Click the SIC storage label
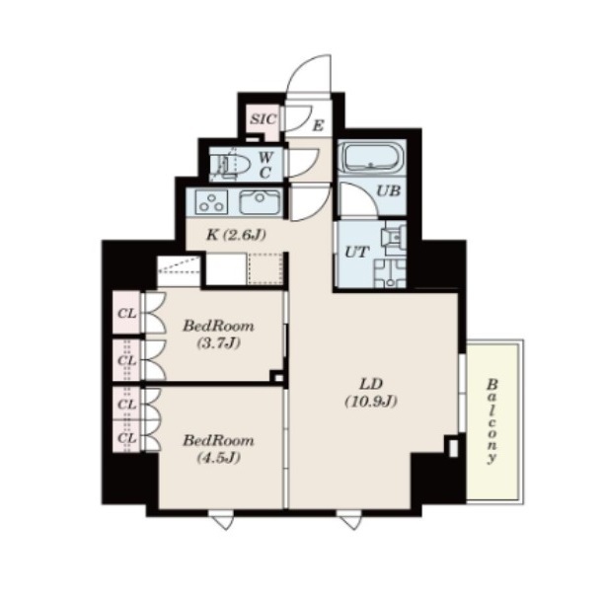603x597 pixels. [264, 118]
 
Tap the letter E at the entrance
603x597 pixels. [318, 125]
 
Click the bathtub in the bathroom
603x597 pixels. [371, 157]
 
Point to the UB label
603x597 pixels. [389, 190]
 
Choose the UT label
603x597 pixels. [357, 253]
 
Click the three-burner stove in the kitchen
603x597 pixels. [211, 202]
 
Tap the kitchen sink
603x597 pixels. [261, 202]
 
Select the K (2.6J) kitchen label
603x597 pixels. [236, 235]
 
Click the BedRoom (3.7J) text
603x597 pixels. [218, 335]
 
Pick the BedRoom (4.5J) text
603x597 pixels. [218, 448]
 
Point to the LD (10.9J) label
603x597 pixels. [371, 392]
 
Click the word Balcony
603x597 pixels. [491, 421]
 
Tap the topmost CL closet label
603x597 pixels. [127, 314]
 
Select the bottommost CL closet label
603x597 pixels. [127, 438]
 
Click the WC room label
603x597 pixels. [264, 165]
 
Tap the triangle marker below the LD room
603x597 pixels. [350, 522]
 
